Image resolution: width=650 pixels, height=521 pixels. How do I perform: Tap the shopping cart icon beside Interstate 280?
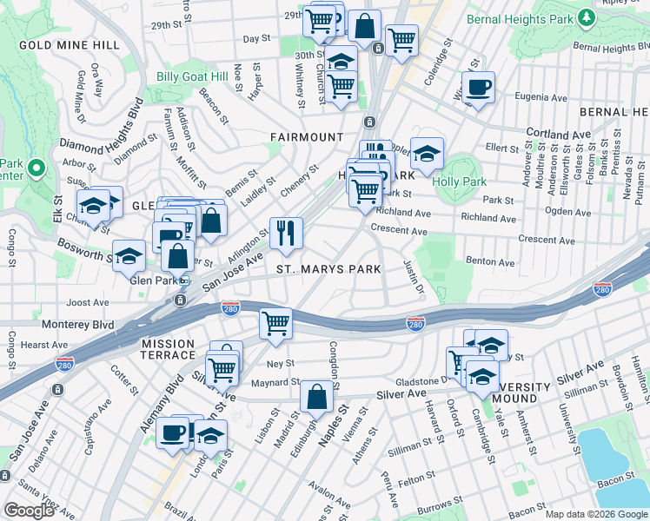tap(276, 323)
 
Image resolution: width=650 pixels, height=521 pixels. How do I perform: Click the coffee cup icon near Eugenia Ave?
tap(477, 87)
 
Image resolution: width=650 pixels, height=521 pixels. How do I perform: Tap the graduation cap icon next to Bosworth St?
tap(129, 255)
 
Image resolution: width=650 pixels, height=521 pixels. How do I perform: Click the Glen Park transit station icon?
tap(184, 280)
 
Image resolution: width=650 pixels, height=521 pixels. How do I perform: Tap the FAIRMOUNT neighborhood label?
tap(306, 137)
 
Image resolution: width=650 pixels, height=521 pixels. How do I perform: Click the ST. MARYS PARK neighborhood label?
tap(328, 269)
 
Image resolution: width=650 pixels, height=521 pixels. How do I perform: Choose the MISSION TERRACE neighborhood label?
tap(169, 350)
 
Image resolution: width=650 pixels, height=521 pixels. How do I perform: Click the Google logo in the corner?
tap(29, 511)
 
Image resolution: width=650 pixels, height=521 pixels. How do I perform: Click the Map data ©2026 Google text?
tap(594, 514)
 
